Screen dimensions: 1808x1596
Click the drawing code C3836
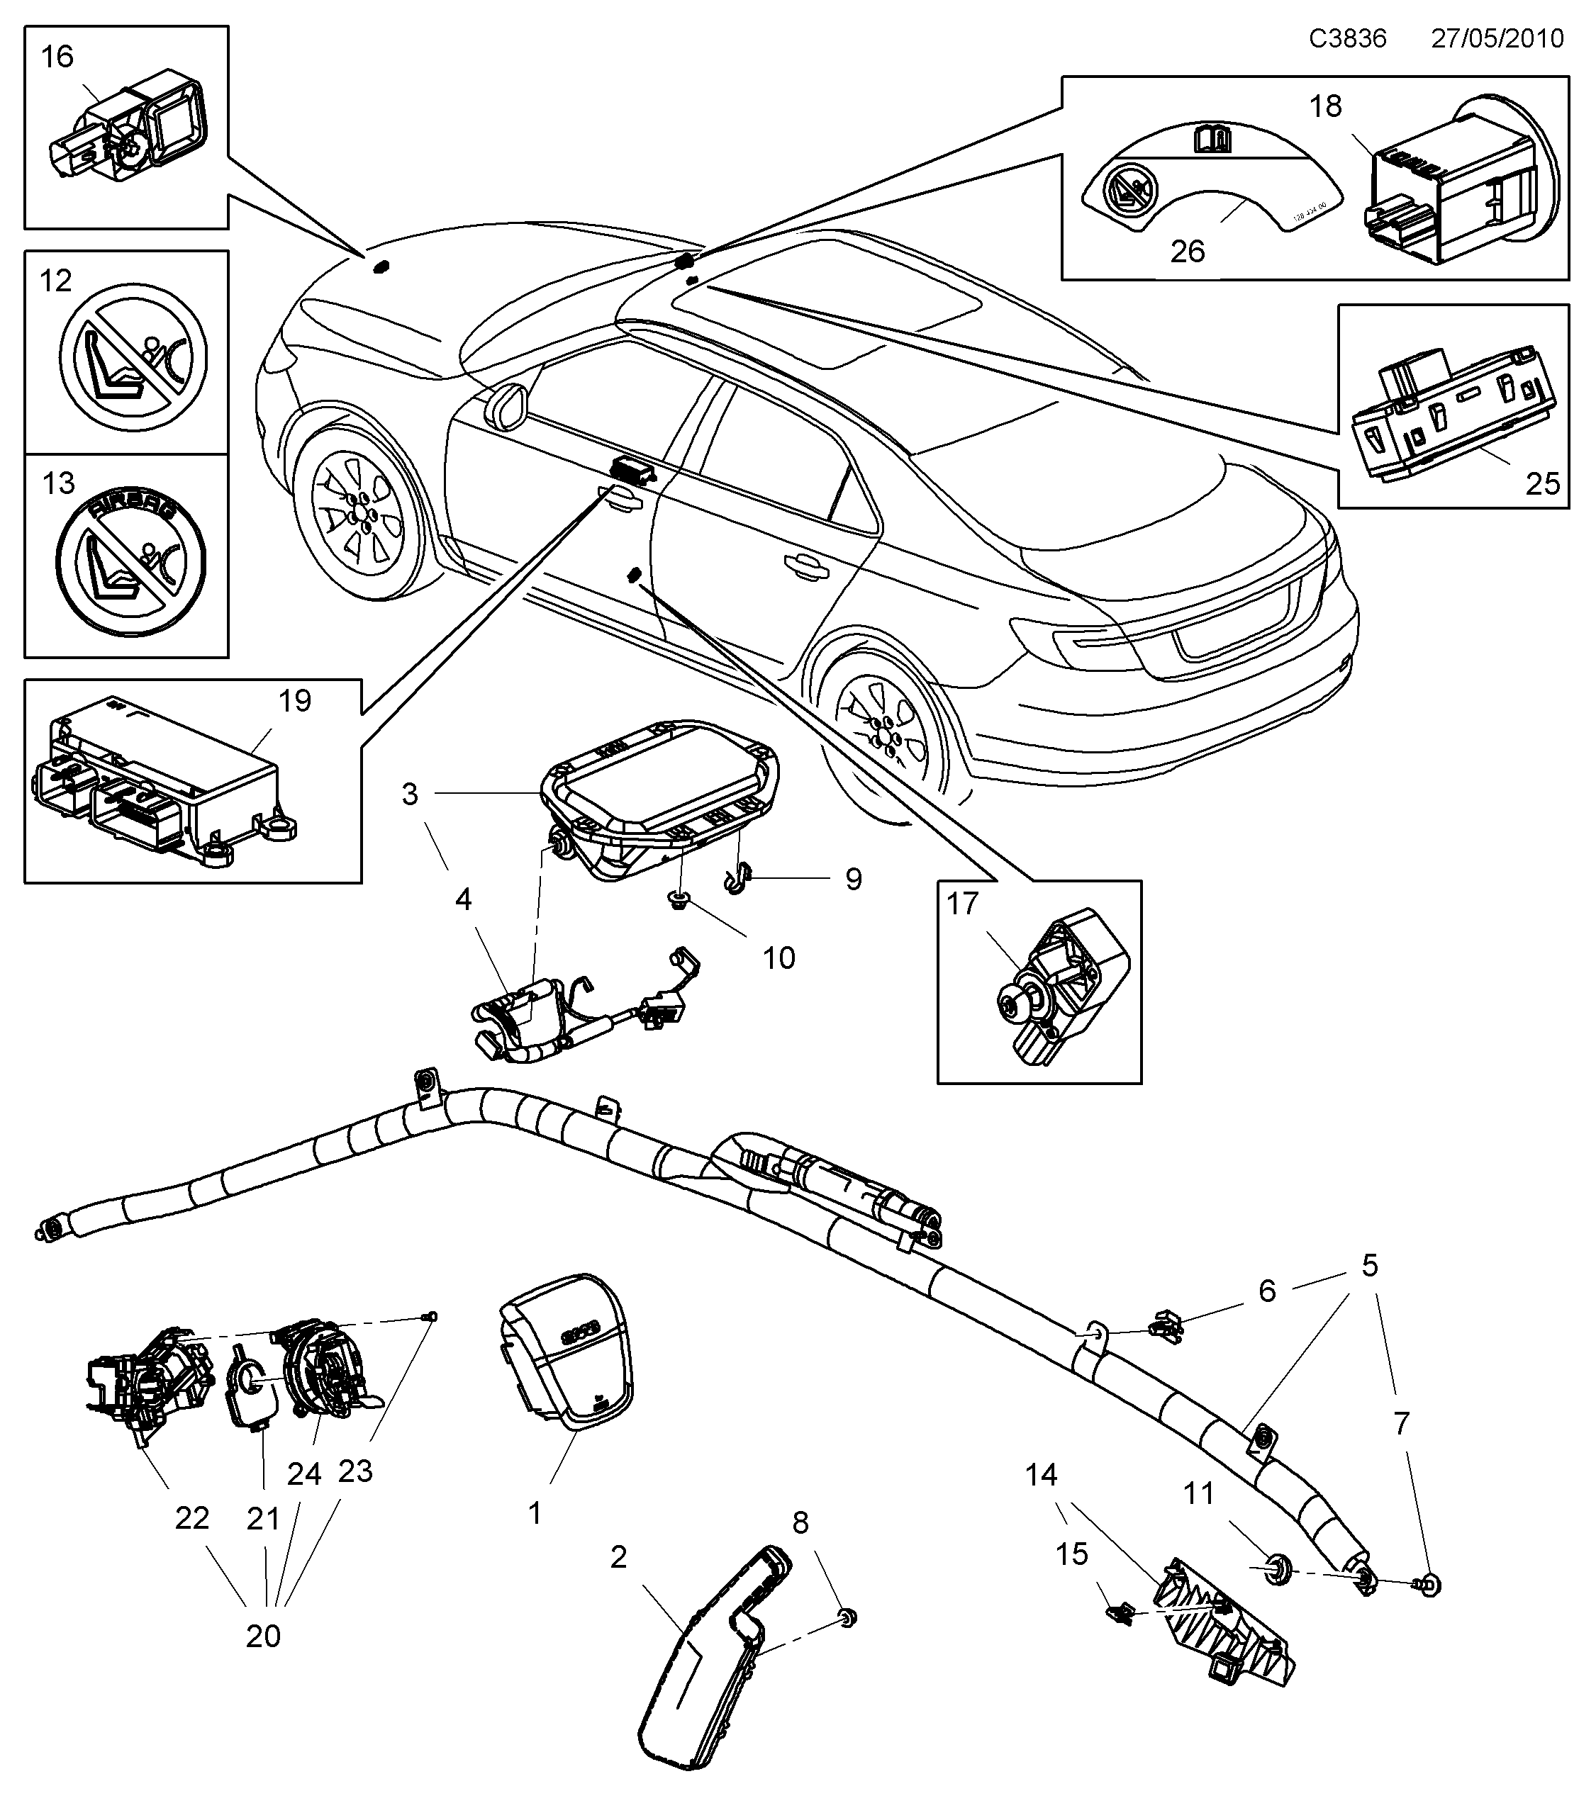click(x=1347, y=38)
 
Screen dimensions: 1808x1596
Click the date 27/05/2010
click(x=1497, y=38)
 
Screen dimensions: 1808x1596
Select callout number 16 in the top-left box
click(x=57, y=57)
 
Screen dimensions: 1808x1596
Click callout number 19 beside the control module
click(x=295, y=700)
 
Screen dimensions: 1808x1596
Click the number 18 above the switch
click(x=1325, y=106)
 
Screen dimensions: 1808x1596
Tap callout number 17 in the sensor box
click(x=963, y=904)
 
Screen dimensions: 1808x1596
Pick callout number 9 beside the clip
click(x=853, y=880)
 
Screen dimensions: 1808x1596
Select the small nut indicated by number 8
click(x=847, y=1619)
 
